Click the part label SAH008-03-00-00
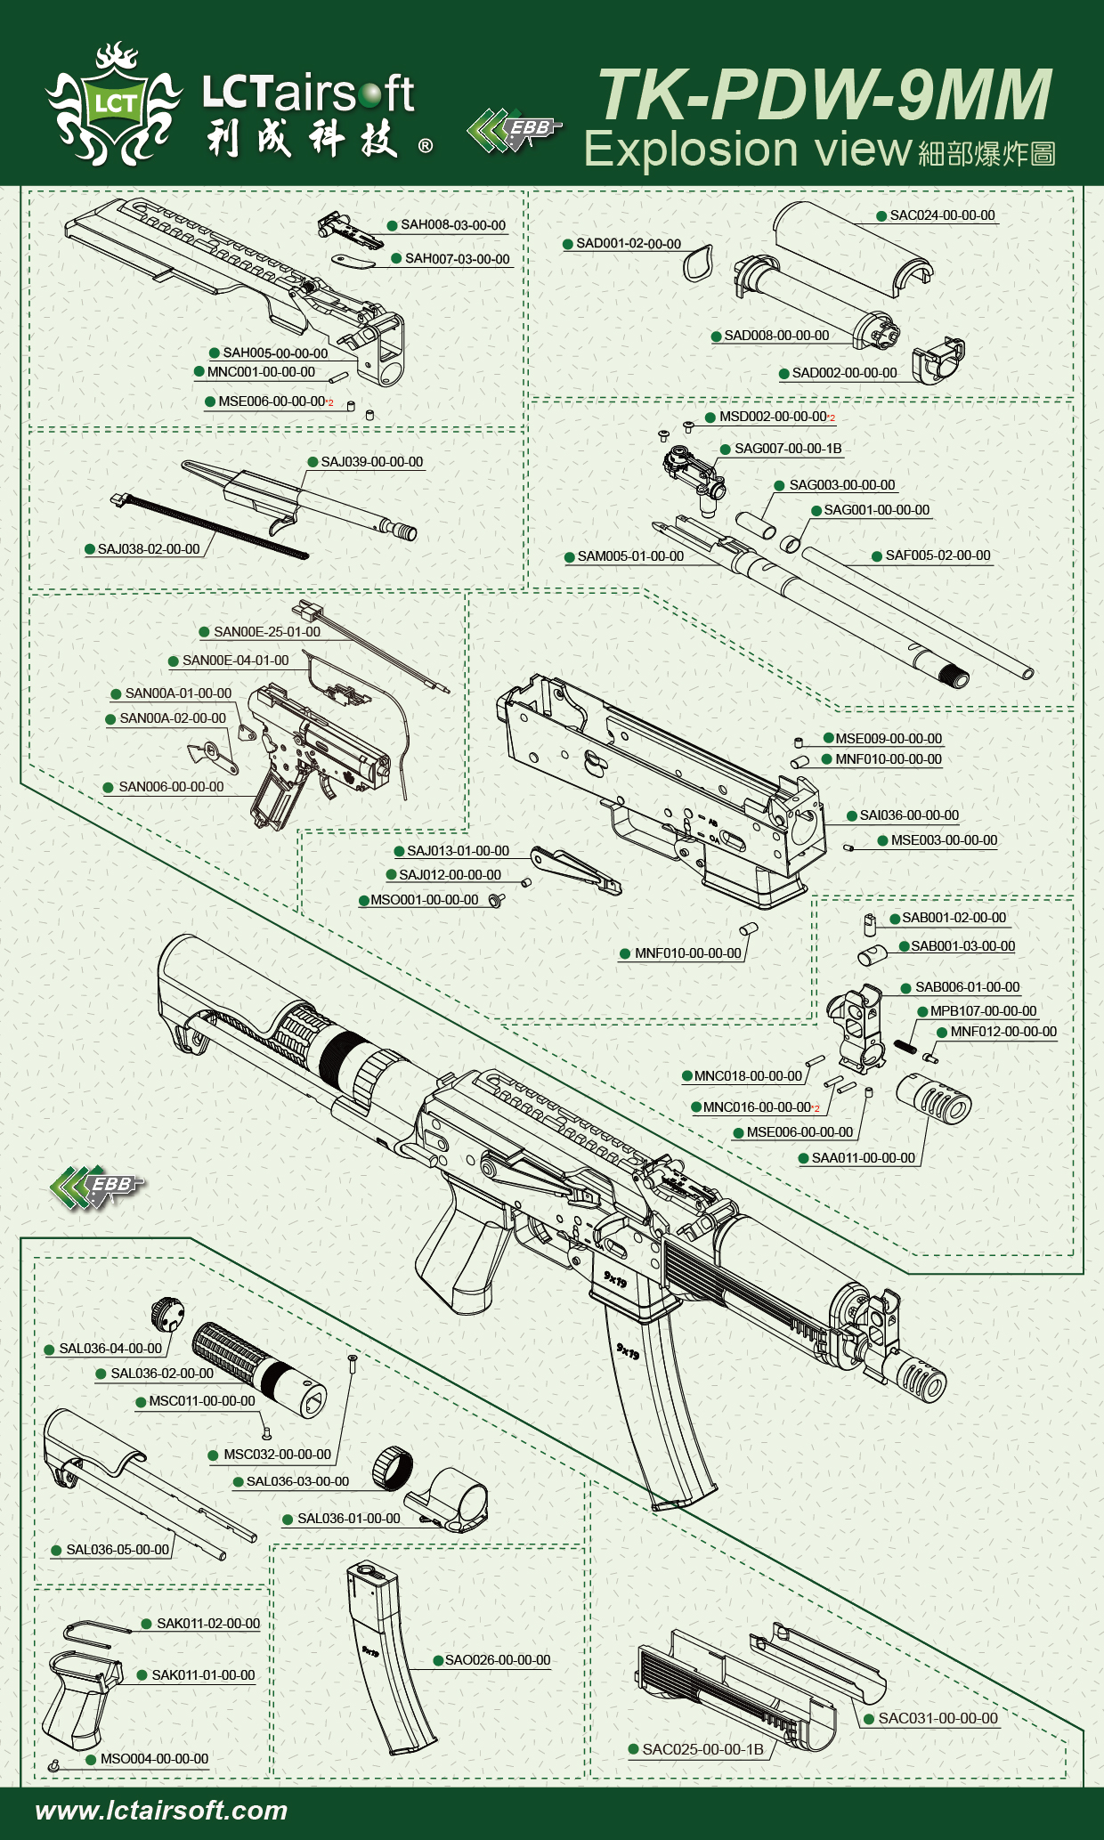[452, 225]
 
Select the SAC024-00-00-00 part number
[942, 215]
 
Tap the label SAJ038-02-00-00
[149, 549]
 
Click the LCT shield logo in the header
[115, 104]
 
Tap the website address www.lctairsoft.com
[161, 1810]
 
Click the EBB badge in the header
[515, 130]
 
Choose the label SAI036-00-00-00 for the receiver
[908, 815]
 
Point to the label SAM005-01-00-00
[630, 556]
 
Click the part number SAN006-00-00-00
[171, 787]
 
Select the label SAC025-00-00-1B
[702, 1749]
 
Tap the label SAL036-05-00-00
[118, 1550]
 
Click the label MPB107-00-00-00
[983, 1011]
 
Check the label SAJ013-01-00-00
[458, 851]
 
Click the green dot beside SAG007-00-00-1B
[726, 450]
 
